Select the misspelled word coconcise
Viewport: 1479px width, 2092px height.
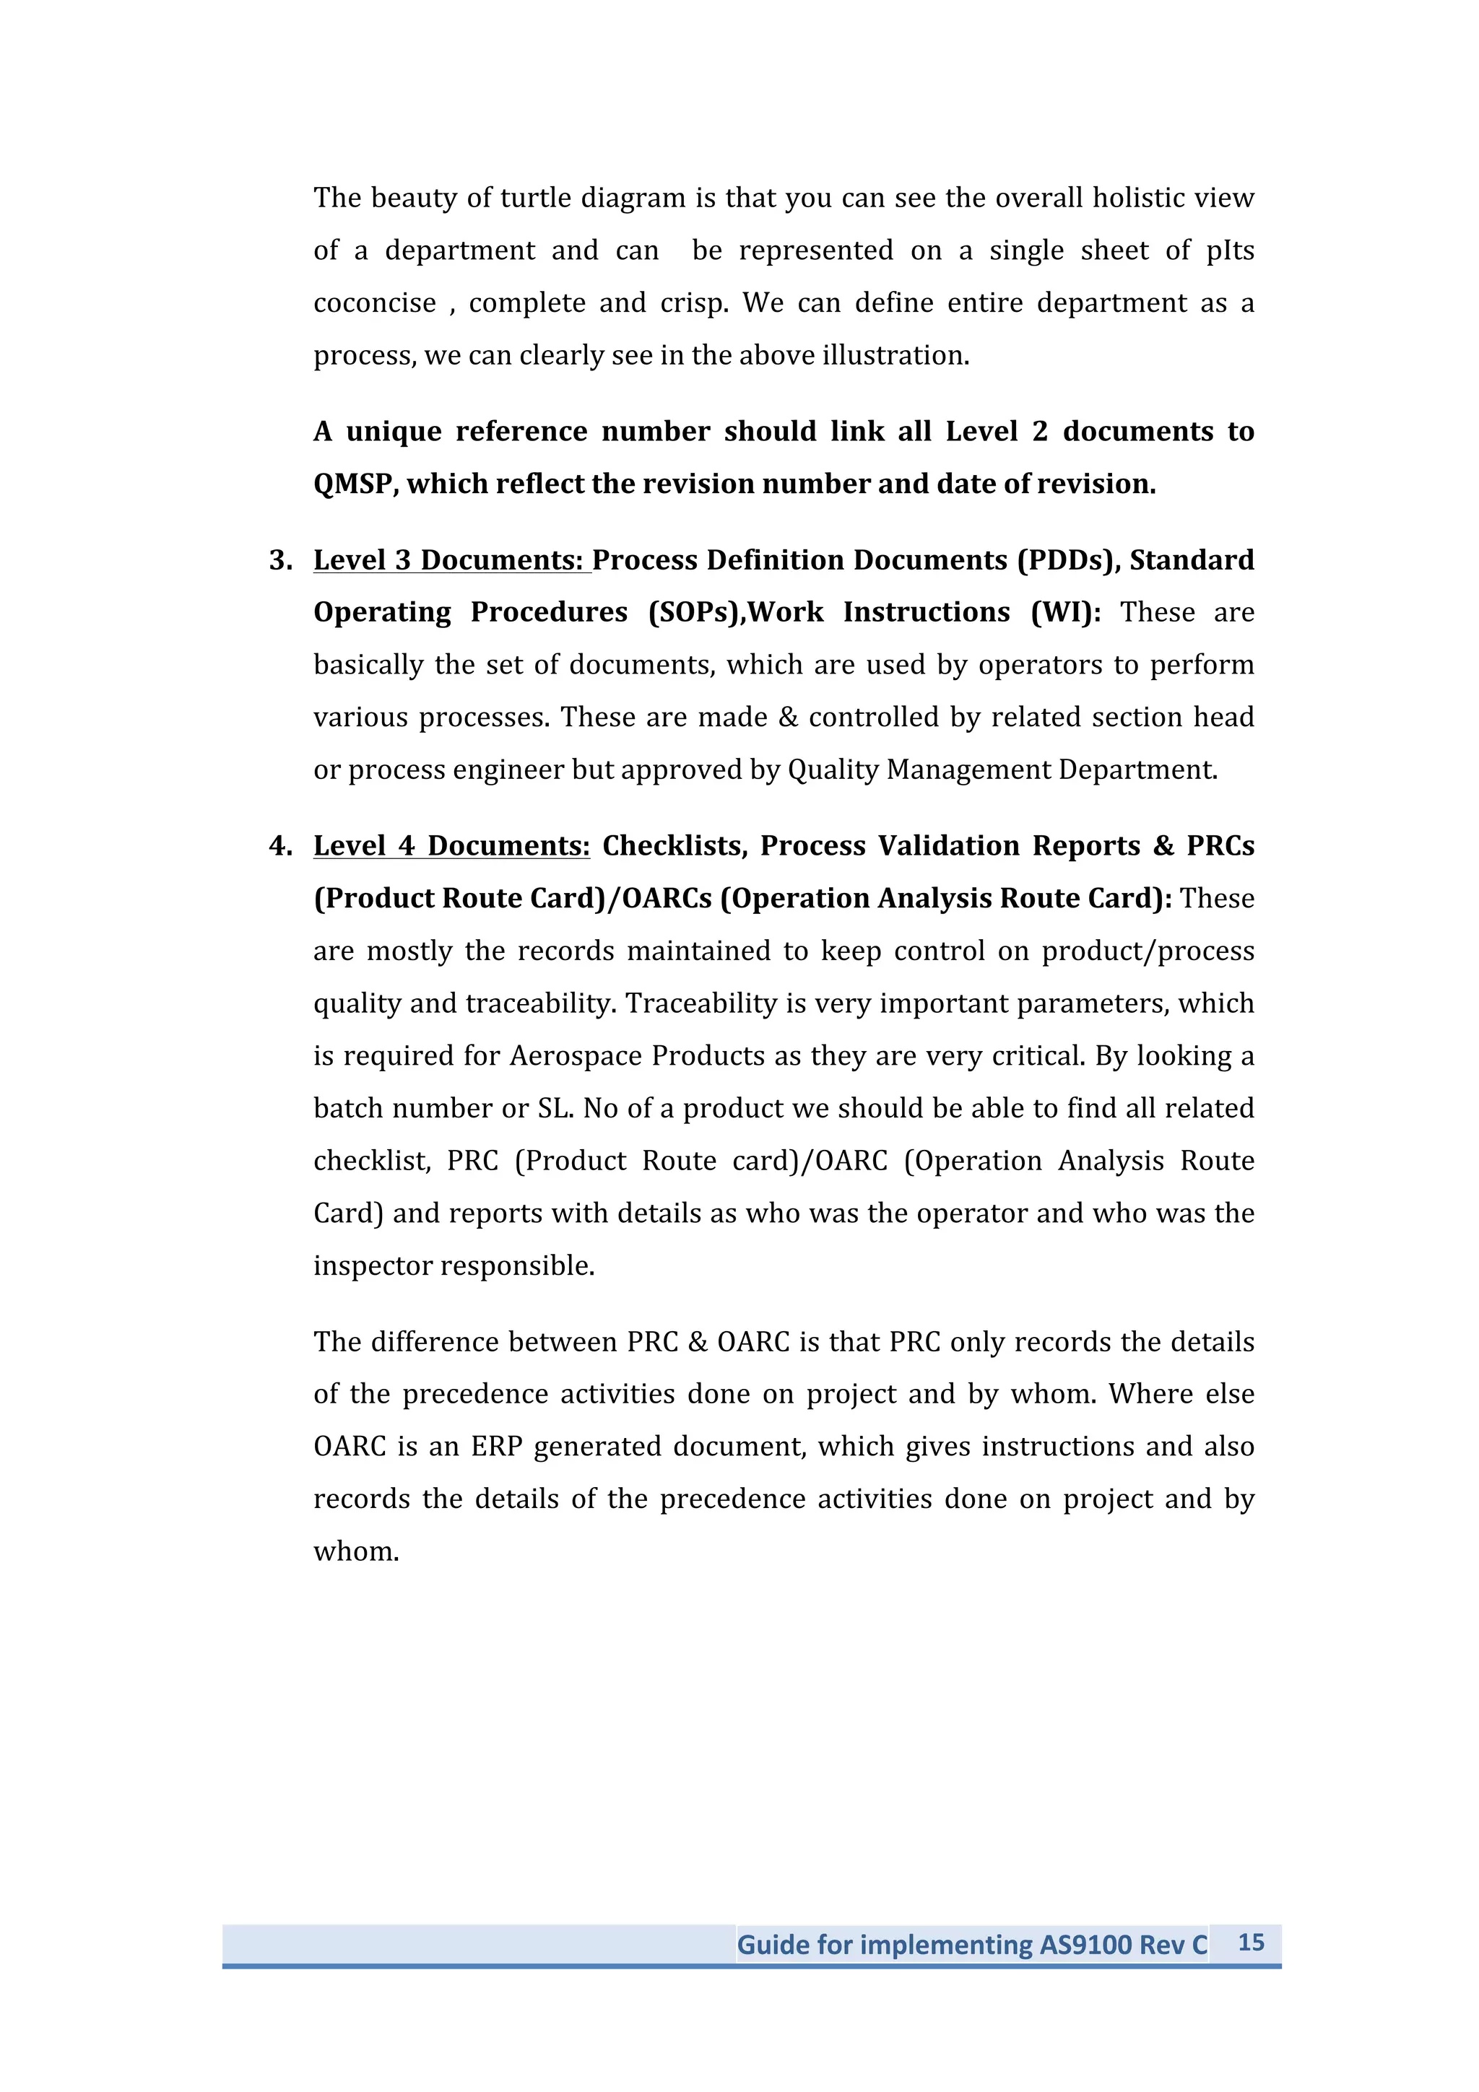coord(375,302)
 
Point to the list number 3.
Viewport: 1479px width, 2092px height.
coord(279,559)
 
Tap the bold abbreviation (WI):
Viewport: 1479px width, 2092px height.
coord(1065,612)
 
